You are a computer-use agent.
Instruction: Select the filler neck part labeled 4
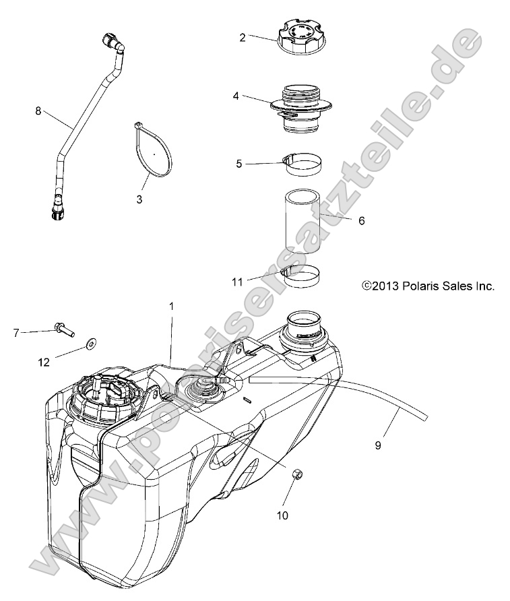(x=303, y=108)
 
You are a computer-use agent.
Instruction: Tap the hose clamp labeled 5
(x=302, y=164)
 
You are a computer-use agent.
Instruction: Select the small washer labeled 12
(x=90, y=346)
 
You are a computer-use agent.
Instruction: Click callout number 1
(x=172, y=305)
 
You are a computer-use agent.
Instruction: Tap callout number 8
(x=38, y=110)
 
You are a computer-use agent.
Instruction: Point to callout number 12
(x=44, y=362)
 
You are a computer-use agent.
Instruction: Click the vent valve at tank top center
(x=200, y=390)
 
